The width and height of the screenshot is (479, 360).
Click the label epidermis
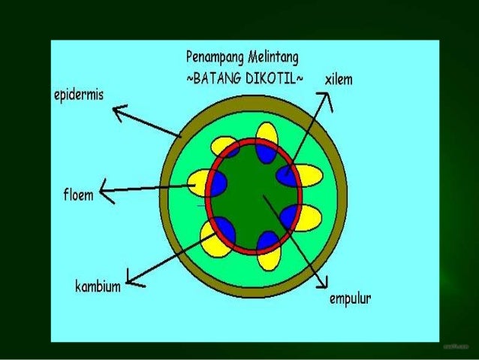(78, 96)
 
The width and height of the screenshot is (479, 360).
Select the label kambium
(98, 286)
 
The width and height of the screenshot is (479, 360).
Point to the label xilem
(339, 79)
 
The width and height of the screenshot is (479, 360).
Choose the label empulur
(349, 299)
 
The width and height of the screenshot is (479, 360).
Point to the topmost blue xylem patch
(265, 152)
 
